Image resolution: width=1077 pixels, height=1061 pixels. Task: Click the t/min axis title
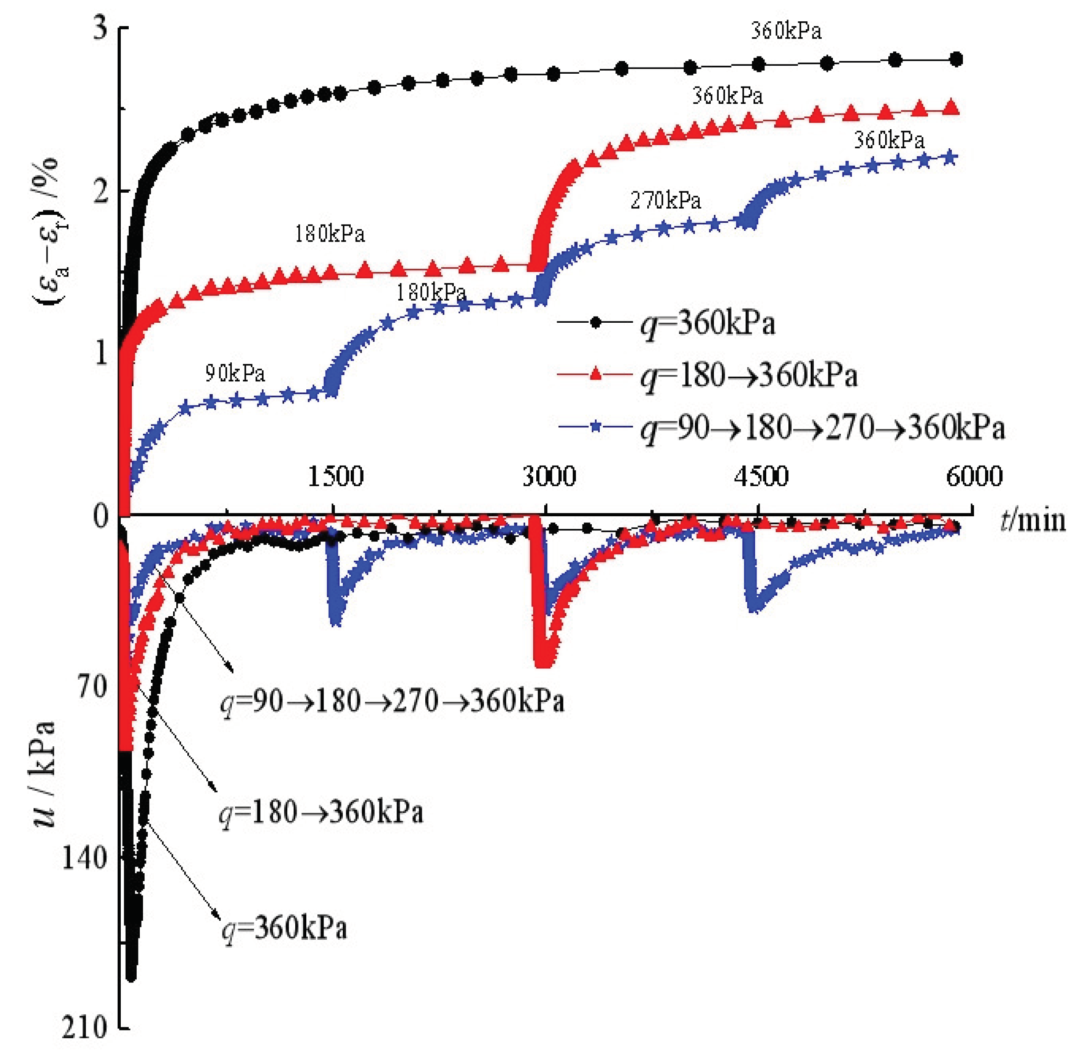click(x=1033, y=520)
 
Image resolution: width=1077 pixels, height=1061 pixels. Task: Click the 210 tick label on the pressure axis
click(x=84, y=1028)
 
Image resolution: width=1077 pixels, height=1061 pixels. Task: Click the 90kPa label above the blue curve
click(x=234, y=373)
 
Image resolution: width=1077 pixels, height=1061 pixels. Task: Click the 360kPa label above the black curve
click(x=786, y=31)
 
